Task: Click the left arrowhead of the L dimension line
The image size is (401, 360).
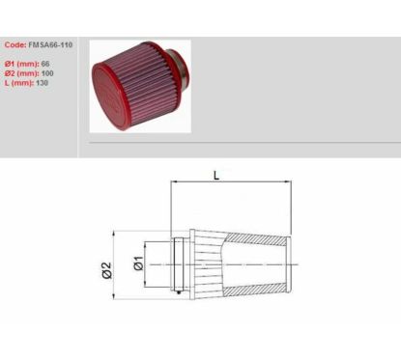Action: pyautogui.click(x=174, y=185)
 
